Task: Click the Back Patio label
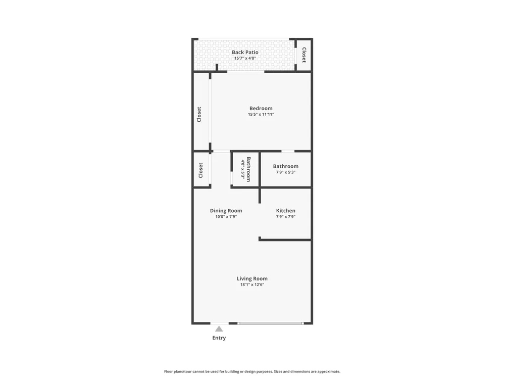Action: tap(245, 52)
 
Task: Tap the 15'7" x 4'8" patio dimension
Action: tap(245, 58)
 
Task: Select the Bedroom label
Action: tap(261, 108)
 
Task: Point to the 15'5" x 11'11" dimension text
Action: tap(261, 114)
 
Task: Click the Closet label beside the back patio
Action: tap(304, 55)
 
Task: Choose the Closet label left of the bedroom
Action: tap(199, 114)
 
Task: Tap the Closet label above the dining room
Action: tap(200, 170)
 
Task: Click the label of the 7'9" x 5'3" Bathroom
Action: tap(286, 166)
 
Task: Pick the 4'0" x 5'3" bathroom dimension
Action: tap(243, 169)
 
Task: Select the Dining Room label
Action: tap(226, 211)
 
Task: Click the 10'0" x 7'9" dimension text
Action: tap(226, 217)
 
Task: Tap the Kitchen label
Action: tap(286, 211)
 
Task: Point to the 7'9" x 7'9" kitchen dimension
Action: tap(286, 217)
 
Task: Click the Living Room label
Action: tap(252, 279)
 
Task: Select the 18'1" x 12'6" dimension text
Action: tap(252, 285)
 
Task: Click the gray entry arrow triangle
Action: tap(219, 329)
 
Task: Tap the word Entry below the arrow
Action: tap(219, 338)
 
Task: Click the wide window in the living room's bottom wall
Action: tap(271, 323)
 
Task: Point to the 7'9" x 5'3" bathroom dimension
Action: tap(286, 172)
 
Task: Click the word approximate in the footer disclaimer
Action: tap(328, 371)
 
